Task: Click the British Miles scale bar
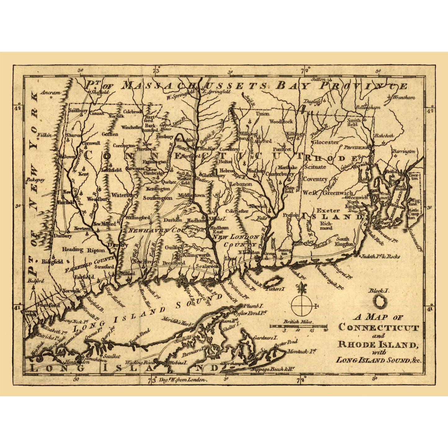pos(298,326)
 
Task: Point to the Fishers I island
pos(273,283)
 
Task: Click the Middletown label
pos(191,195)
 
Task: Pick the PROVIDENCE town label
pos(357,148)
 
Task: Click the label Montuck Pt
pos(301,352)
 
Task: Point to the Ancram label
pos(49,92)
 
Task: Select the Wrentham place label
pos(403,97)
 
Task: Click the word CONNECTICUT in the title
pos(379,327)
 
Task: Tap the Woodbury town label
pos(98,199)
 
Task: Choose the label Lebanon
pos(241,184)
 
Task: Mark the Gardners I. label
pos(265,338)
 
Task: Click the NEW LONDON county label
pos(241,237)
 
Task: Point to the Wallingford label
pos(138,218)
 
